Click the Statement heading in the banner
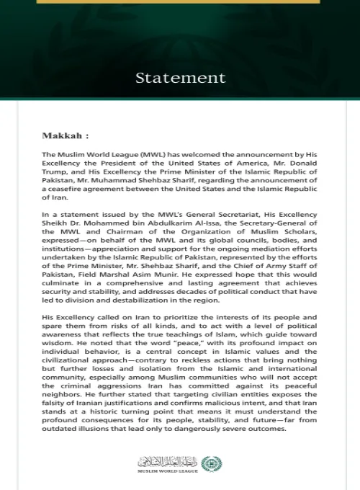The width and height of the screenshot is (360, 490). pyautogui.click(x=180, y=78)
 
